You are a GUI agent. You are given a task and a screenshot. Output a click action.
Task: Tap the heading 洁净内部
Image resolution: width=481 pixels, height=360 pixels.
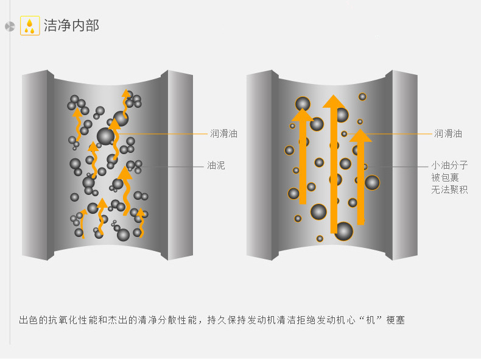(71, 26)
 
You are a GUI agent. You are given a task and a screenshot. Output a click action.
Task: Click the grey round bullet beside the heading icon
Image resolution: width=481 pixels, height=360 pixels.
(9, 26)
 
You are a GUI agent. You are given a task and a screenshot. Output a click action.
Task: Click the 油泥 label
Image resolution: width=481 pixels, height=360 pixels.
(216, 166)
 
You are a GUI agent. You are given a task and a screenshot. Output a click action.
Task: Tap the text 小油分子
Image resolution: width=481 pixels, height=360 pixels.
(449, 165)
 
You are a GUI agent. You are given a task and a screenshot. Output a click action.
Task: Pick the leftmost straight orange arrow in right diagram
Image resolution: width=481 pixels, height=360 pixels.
(303, 158)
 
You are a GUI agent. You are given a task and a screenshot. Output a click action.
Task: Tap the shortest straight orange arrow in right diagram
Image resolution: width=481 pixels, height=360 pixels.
(360, 177)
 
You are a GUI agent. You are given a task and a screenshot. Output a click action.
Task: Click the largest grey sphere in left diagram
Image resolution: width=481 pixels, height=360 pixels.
(105, 136)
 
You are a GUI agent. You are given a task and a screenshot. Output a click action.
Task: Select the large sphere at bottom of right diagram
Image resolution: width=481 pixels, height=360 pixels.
(343, 231)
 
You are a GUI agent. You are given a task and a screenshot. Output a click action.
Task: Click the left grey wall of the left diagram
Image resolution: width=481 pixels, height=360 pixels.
(37, 164)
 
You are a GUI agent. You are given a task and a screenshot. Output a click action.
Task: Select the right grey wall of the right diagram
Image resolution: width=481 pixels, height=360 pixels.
(404, 164)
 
